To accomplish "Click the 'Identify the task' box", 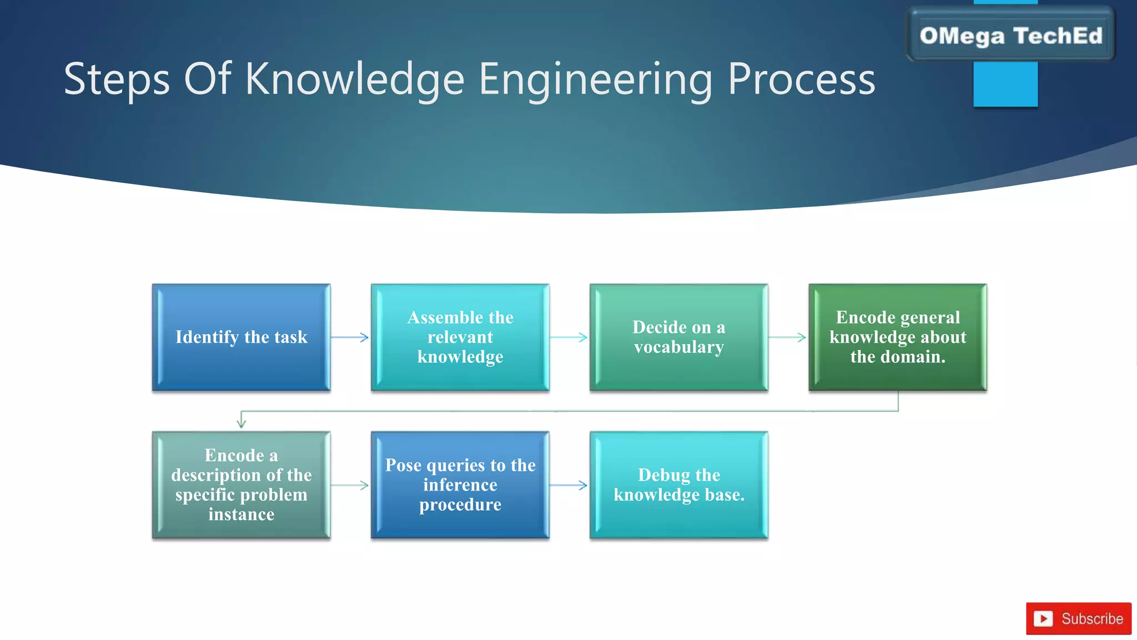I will click(241, 337).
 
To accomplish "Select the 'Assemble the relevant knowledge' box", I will click(460, 337).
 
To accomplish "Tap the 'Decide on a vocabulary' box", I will click(678, 337).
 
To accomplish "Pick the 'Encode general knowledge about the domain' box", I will click(897, 337).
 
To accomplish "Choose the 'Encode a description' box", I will click(241, 485).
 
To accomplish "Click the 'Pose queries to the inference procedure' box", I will click(460, 485).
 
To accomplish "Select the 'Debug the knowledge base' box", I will click(678, 485).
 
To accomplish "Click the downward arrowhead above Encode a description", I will click(241, 422).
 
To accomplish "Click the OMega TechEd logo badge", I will click(1010, 36).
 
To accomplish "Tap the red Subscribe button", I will click(1078, 618).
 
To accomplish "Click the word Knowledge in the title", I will click(354, 79).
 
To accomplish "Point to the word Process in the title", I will click(801, 79).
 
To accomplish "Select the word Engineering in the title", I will click(595, 79).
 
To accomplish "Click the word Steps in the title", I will click(117, 79).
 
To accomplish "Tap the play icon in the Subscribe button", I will click(1043, 618).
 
